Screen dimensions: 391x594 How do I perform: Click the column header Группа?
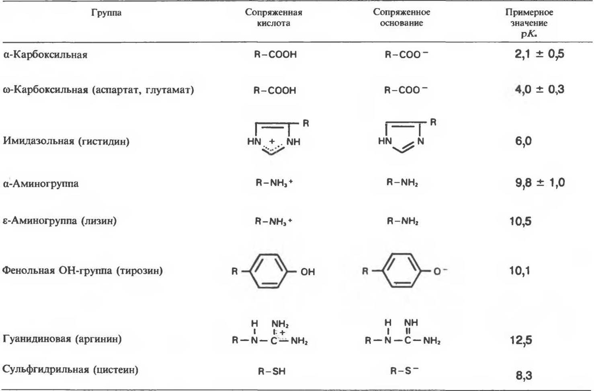click(x=106, y=13)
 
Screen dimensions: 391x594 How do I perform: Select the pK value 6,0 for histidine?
click(x=523, y=141)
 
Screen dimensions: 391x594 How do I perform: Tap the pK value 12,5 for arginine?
click(x=521, y=340)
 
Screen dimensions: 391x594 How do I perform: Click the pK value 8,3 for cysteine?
click(x=524, y=375)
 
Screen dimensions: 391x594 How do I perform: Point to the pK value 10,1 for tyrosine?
click(x=520, y=271)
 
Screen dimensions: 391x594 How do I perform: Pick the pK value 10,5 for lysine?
click(x=520, y=221)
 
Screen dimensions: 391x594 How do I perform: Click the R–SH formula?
click(x=272, y=371)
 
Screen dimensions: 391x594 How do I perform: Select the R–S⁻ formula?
click(x=404, y=370)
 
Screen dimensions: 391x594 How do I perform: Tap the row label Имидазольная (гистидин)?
click(x=66, y=141)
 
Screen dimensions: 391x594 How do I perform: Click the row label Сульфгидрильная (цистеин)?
click(x=70, y=370)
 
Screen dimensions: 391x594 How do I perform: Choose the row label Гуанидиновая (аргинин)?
click(x=62, y=339)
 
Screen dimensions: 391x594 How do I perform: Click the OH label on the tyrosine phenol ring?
click(x=307, y=272)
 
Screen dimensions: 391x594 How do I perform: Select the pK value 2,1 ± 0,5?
click(x=539, y=54)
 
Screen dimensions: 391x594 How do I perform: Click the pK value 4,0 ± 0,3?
click(x=539, y=89)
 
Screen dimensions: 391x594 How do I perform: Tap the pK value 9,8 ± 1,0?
click(x=540, y=183)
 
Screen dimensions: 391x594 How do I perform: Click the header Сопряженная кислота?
click(x=273, y=18)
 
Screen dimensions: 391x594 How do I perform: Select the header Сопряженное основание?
click(x=401, y=18)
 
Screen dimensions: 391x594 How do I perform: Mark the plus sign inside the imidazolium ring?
click(x=272, y=142)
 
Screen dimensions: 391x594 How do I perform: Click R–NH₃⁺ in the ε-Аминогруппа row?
click(x=273, y=221)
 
